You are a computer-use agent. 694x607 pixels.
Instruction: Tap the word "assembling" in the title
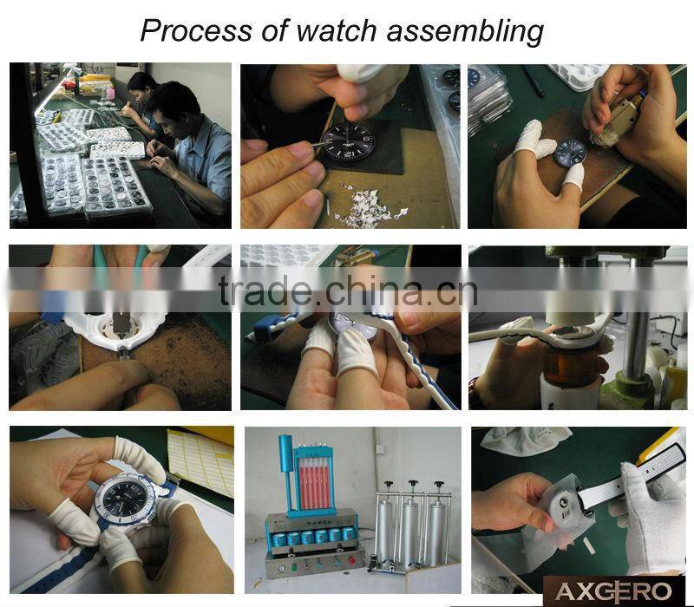[x=465, y=33]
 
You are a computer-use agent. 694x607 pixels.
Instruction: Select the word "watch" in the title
[x=337, y=31]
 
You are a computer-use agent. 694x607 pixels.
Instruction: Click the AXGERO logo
[x=613, y=591]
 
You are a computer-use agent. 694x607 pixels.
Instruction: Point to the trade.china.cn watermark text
[x=349, y=290]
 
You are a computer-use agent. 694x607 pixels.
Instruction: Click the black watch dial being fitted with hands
[x=349, y=143]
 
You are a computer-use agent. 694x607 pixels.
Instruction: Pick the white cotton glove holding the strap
[x=647, y=518]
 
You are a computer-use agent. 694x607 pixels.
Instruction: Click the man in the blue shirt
[x=188, y=146]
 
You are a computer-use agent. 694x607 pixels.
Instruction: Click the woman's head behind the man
[x=142, y=87]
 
